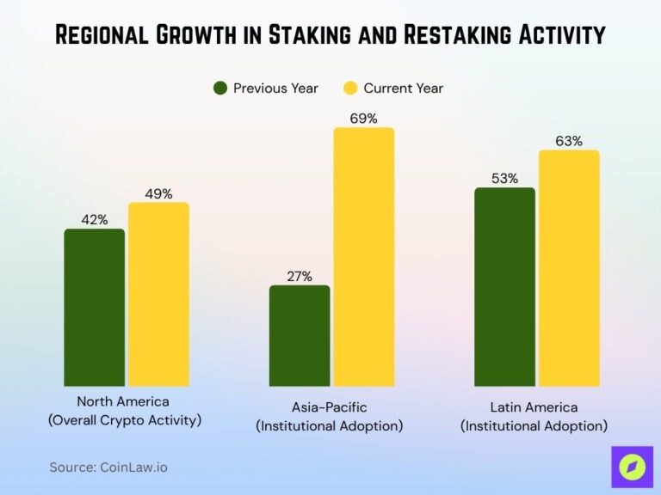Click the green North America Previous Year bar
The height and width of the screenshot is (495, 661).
pos(95,308)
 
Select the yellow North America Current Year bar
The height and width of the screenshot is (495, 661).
pos(158,295)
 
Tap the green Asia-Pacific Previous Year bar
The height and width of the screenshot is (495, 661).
pos(300,336)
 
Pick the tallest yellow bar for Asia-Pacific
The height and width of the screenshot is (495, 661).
pos(363,257)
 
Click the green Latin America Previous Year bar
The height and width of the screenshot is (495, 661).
pos(504,287)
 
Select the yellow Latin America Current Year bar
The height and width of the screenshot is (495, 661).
pos(569,268)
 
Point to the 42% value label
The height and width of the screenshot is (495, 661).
pos(95,220)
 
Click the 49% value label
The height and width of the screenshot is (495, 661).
pos(158,194)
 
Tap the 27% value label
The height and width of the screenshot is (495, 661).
pos(300,276)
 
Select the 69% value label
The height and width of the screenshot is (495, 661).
pos(363,119)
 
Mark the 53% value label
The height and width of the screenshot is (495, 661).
pos(504,179)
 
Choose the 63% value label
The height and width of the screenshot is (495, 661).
pos(569,141)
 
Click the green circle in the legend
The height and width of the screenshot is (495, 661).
pos(220,88)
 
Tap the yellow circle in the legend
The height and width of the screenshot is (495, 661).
pos(350,88)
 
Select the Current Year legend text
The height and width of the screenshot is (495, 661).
pos(403,88)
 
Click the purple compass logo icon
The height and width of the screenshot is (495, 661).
pos(632,467)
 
